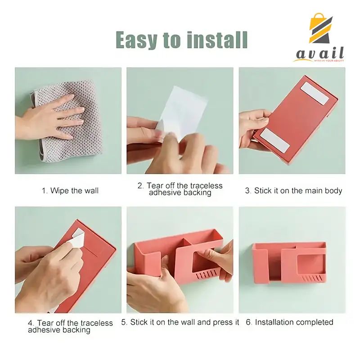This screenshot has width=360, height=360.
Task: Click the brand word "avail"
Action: (320, 54)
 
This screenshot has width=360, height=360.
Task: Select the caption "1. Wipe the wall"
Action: (70, 190)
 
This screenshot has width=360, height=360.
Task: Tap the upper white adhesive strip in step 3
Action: (315, 94)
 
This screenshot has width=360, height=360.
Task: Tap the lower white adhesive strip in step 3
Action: (275, 140)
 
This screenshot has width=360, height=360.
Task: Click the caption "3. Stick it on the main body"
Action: (293, 190)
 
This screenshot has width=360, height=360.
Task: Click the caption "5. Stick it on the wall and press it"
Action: (180, 322)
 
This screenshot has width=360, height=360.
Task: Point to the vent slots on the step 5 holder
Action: (206, 274)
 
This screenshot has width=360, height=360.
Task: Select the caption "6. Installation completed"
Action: (289, 322)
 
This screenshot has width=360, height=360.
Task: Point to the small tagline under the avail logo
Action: (329, 61)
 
